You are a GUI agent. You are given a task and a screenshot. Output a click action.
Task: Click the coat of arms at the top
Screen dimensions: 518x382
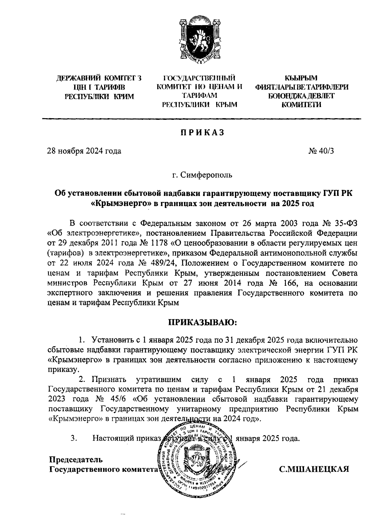[x=199, y=41]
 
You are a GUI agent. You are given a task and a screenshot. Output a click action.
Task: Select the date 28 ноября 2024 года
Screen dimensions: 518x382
[x=84, y=151]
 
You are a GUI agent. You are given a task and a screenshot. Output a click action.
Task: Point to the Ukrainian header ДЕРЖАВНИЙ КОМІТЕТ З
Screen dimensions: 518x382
[x=99, y=78]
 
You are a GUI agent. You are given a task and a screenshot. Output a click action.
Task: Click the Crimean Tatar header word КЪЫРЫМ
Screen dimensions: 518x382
[x=301, y=78]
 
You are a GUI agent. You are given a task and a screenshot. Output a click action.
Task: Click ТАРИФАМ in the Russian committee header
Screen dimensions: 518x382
[x=199, y=95]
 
